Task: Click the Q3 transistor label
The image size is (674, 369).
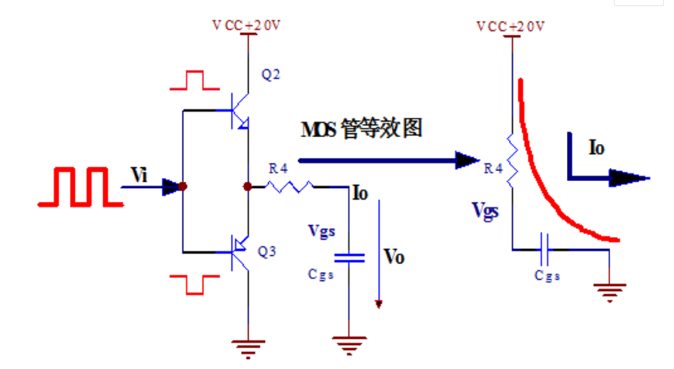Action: pos(267,250)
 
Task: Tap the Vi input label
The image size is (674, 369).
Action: pos(139,175)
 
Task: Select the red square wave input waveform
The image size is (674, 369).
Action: pos(80,190)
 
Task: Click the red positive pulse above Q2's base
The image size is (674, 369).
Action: pos(196,79)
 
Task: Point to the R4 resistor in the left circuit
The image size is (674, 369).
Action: pos(290,186)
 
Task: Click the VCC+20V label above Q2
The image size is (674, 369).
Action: pos(246,25)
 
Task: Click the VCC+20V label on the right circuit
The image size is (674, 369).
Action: pos(511,26)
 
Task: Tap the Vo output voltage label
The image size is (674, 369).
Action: pos(394,257)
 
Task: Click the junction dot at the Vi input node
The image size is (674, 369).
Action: pos(183,186)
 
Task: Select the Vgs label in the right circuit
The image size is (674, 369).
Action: pos(486,210)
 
